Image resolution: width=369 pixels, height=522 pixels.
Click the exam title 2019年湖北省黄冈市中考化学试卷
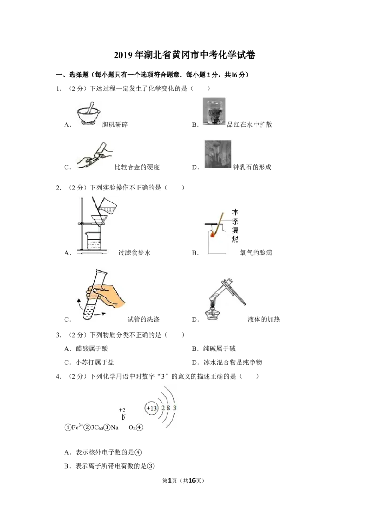pyautogui.click(x=184, y=55)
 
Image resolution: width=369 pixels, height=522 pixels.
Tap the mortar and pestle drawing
pyautogui.click(x=88, y=114)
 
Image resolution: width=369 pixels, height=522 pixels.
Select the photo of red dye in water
pyautogui.click(x=214, y=112)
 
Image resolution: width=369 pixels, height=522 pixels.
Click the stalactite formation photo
pyautogui.click(x=218, y=154)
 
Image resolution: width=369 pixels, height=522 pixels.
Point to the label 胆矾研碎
pyautogui.click(x=115, y=125)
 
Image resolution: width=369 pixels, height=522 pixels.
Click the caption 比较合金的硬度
pyautogui.click(x=137, y=167)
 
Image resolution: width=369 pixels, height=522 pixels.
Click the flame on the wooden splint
pyautogui.click(x=213, y=235)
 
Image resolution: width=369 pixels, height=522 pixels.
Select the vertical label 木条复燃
pyautogui.click(x=235, y=225)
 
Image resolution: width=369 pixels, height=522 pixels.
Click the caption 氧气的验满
pyautogui.click(x=256, y=253)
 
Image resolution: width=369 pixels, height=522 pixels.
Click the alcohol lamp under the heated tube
pyautogui.click(x=212, y=314)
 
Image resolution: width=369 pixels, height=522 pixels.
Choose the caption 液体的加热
pyautogui.click(x=264, y=320)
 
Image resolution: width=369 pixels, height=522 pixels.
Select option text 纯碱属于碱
pyautogui.click(x=220, y=349)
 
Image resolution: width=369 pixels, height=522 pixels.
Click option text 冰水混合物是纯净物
pyautogui.click(x=233, y=362)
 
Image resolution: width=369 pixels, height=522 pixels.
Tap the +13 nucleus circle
pyautogui.click(x=152, y=408)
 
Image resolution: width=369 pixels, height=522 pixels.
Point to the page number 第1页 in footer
pyautogui.click(x=170, y=480)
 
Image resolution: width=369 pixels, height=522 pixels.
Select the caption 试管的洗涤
pyautogui.click(x=144, y=320)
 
